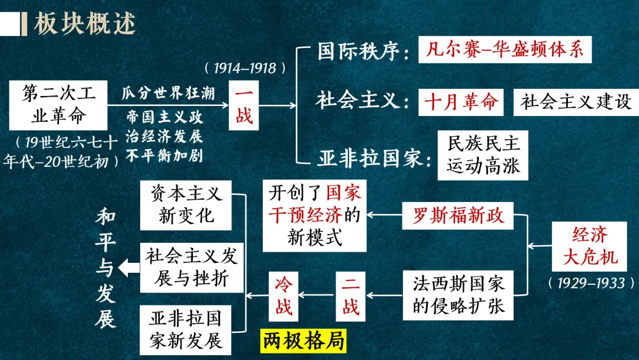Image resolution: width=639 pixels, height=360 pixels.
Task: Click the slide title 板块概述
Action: point(85,24)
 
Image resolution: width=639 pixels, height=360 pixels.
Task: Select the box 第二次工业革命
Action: point(58,105)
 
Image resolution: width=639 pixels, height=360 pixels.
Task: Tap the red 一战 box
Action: point(244,105)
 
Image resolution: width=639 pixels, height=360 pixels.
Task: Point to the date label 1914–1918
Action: point(245,68)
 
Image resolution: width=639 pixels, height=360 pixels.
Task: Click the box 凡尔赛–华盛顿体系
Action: point(505,50)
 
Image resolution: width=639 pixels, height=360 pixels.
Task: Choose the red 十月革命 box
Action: point(461,101)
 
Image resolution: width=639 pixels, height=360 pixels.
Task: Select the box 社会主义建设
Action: point(576,101)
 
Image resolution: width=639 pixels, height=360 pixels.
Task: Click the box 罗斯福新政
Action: point(459,216)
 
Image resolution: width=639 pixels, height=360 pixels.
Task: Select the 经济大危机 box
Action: point(590,245)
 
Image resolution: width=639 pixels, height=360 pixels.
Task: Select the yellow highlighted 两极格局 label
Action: point(304,342)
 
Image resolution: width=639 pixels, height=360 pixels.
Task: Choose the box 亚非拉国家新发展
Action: point(186,329)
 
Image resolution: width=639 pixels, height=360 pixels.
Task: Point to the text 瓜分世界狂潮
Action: point(168,93)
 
